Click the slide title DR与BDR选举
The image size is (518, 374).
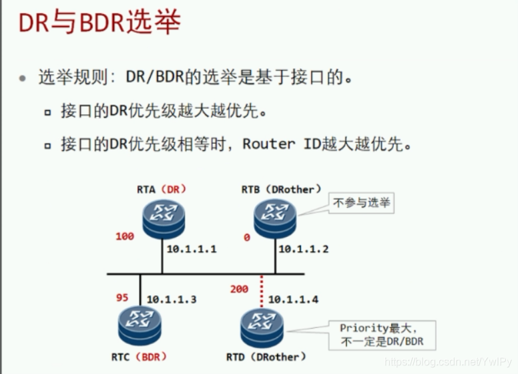click(x=99, y=24)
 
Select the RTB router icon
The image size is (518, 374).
click(x=275, y=216)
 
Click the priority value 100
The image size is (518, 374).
click(x=125, y=236)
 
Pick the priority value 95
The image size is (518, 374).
click(x=122, y=297)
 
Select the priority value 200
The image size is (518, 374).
click(x=239, y=289)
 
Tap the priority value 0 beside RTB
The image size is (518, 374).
click(x=246, y=236)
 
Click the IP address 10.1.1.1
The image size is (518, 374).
click(x=192, y=248)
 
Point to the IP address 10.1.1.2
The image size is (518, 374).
click(x=303, y=248)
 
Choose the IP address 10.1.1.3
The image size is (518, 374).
click(x=172, y=299)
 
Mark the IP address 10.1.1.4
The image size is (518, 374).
click(x=293, y=299)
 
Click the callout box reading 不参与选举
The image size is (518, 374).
click(x=361, y=202)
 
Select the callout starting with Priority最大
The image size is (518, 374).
click(x=381, y=335)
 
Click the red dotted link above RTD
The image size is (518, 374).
click(x=262, y=290)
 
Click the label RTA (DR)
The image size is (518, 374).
click(x=162, y=189)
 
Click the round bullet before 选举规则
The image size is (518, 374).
click(x=23, y=78)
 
